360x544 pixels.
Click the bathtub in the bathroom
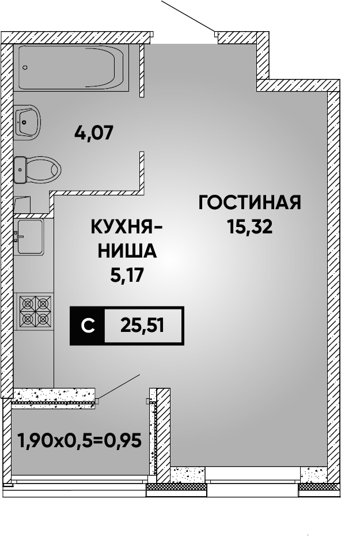point(71,67)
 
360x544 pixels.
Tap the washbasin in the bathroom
point(27,122)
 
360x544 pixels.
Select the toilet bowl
point(37,169)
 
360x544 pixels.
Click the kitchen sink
point(29,237)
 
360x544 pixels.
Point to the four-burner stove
point(33,311)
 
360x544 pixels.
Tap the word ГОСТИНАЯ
point(250,202)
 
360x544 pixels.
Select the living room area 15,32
point(250,227)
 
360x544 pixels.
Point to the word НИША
point(127,251)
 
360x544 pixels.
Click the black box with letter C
point(88,326)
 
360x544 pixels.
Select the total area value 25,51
point(142,326)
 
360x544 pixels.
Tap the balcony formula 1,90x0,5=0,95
point(79,441)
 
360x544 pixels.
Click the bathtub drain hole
point(25,67)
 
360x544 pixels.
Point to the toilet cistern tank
point(20,169)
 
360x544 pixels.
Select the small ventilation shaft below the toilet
point(22,205)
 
